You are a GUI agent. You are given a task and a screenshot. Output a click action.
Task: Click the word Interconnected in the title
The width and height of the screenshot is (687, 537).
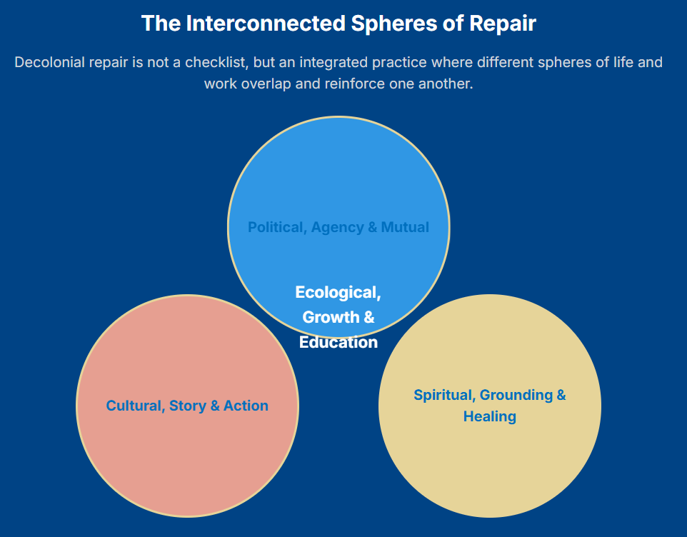[x=265, y=24]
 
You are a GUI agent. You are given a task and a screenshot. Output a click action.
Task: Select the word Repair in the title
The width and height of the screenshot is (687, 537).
[x=503, y=24]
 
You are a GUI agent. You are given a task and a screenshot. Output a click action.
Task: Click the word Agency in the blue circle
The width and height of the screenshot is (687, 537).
[x=336, y=227]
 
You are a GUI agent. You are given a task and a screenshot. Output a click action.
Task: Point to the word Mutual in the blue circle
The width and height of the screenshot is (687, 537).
[x=405, y=227]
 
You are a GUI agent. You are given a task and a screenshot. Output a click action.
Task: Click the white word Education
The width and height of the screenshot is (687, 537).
[x=339, y=342]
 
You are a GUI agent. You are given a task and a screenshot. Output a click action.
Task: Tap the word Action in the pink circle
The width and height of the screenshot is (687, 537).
[x=246, y=406]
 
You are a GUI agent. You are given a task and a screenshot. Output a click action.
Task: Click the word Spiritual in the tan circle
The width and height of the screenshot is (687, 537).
[x=443, y=395]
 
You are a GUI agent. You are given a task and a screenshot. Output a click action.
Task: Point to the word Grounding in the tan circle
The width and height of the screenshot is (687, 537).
[x=516, y=395]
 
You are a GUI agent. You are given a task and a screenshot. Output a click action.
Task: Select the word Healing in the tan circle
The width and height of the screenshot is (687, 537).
[x=490, y=416]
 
